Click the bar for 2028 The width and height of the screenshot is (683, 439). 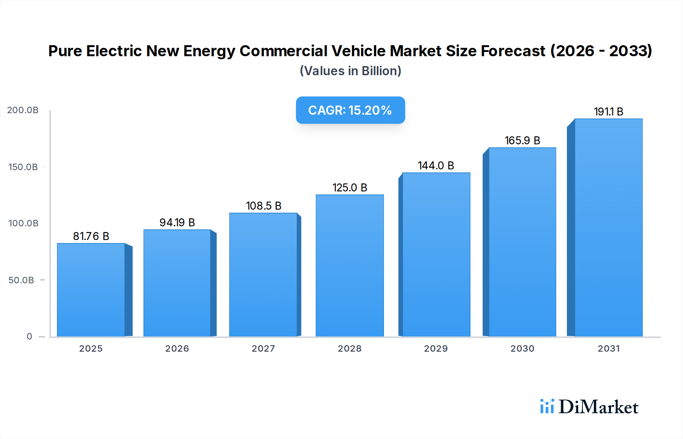point(349,266)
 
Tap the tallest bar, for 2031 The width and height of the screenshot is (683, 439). point(608,228)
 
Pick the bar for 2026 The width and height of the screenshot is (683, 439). point(177,283)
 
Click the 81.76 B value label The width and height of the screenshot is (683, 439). point(91,236)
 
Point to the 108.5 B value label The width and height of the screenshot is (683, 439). point(263,206)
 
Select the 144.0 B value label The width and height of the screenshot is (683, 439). point(436,166)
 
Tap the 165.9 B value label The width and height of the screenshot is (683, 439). point(522,141)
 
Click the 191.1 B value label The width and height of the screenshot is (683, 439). point(608,112)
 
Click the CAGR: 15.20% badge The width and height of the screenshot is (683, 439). point(350,110)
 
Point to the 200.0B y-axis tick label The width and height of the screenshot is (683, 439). point(23,110)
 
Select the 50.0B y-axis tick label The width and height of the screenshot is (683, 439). point(21,280)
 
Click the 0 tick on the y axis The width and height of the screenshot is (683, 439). point(30,336)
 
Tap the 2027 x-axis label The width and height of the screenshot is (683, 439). point(263,349)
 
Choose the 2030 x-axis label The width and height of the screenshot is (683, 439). point(522,349)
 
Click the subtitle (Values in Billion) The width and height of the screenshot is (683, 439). point(350,71)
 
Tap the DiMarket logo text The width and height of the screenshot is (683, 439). point(598,407)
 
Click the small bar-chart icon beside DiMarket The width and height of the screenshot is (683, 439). point(547,406)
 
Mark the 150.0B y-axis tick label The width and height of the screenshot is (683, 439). point(23,167)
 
